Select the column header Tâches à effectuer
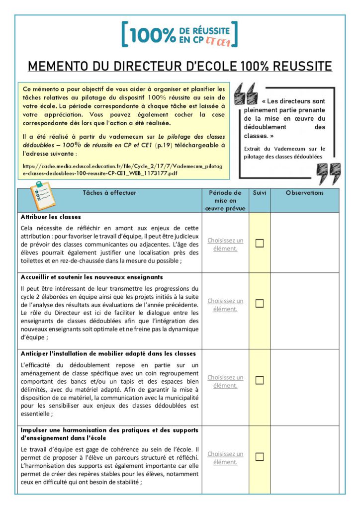(109, 193)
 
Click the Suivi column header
(259, 193)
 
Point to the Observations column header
(304, 193)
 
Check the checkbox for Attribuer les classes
(259, 243)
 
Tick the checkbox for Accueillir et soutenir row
(259, 303)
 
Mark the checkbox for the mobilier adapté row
(259, 380)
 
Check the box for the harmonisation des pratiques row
(259, 457)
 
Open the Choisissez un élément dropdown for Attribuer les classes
(225, 244)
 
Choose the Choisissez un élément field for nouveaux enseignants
(225, 305)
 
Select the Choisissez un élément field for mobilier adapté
(225, 381)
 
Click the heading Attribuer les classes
(51, 217)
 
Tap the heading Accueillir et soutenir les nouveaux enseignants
(92, 277)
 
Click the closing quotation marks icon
(329, 173)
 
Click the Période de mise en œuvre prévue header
(225, 200)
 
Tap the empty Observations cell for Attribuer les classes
(304, 243)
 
